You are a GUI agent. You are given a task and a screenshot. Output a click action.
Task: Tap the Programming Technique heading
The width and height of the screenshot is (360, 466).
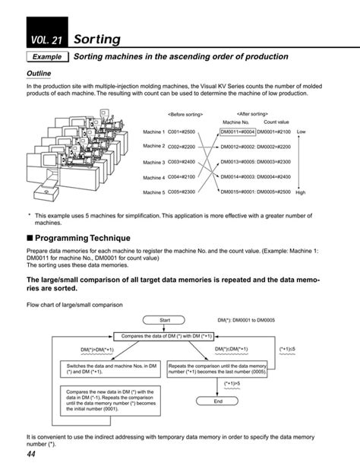point(76,238)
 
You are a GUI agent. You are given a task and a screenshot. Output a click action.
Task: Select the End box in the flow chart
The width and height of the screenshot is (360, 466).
point(217,401)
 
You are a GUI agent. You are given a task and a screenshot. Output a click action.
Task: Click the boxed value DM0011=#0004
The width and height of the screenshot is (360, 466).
point(238,132)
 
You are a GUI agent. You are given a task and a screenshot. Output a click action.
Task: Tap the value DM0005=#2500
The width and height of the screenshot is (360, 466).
point(274,192)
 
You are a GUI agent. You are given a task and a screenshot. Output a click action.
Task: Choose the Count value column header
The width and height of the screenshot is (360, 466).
point(276,122)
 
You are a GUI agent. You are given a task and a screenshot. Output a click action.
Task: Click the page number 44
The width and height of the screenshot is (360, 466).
point(31,454)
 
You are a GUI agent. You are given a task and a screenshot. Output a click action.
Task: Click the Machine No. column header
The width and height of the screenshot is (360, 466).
point(235,122)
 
